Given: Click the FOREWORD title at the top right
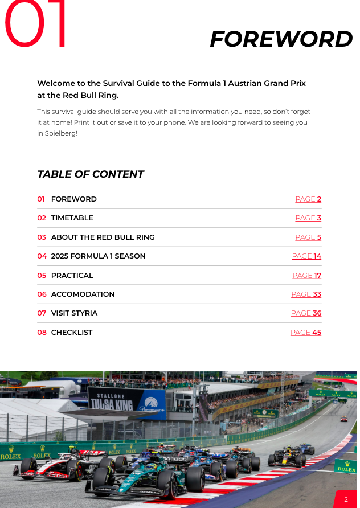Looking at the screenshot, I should (281, 39).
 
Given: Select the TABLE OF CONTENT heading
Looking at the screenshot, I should (90, 174).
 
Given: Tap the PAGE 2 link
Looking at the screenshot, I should (308, 199).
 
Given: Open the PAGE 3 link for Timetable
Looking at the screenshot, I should (308, 218).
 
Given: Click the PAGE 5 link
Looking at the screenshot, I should (308, 237).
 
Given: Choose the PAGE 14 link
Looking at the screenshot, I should (306, 256).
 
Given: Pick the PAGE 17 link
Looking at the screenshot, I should (306, 276).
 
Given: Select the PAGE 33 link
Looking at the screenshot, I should (306, 294).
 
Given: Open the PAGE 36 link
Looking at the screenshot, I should (306, 313).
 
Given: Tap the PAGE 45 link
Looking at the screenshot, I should (306, 333).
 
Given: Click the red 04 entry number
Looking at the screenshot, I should (42, 256).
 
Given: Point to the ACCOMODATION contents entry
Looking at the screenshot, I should (83, 294).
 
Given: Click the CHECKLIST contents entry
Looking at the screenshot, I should (72, 333).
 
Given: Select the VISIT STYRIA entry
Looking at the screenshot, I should (74, 313).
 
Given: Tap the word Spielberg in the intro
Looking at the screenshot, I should (60, 133).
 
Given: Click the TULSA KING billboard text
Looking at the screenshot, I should (111, 404).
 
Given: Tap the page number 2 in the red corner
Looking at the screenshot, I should (346, 499).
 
